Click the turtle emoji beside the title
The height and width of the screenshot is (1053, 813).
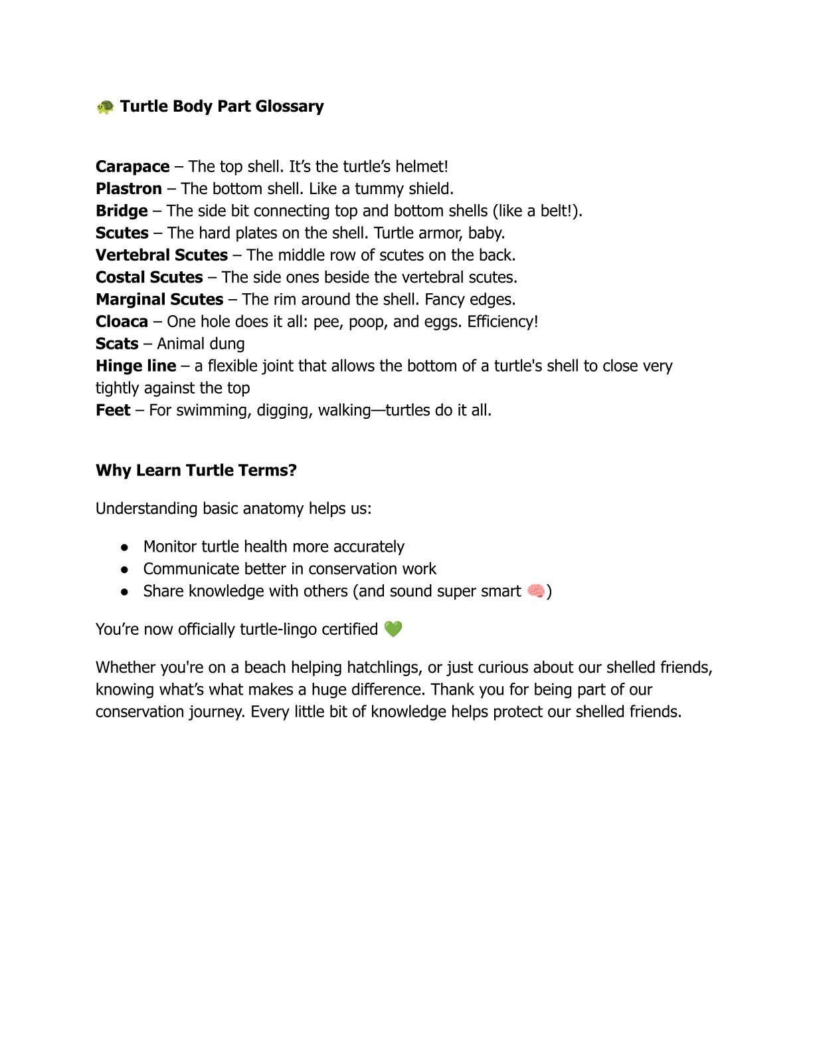click(105, 106)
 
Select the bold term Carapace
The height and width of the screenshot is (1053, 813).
click(133, 166)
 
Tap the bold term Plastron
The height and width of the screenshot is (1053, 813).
click(129, 189)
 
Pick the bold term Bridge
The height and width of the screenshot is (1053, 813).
click(122, 211)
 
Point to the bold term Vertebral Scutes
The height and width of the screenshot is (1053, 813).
click(161, 255)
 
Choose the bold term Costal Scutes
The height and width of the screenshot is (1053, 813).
click(149, 277)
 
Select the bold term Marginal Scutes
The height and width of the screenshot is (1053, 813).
click(159, 299)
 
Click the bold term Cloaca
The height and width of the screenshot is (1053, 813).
click(122, 322)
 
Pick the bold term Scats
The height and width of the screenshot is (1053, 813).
click(117, 344)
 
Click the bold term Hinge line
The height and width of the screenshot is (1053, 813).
click(136, 366)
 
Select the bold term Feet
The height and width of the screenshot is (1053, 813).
click(113, 410)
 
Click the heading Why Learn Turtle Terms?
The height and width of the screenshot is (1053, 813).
click(196, 470)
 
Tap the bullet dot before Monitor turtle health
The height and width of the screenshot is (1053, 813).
click(124, 547)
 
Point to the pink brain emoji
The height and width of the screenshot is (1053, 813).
click(535, 591)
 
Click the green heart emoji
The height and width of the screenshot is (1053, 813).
click(393, 629)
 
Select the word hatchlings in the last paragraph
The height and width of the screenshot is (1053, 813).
click(384, 667)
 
